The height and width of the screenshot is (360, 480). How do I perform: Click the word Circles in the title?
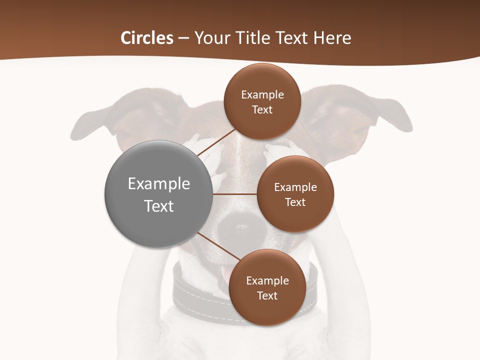point(146,38)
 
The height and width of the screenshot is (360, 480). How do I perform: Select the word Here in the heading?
point(332,38)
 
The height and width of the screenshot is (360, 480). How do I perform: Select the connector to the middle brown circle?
point(235,194)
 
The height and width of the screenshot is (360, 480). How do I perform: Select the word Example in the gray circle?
point(159,184)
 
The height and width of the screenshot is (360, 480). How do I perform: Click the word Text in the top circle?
point(262,110)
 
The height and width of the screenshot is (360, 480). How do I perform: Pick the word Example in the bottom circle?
point(267,281)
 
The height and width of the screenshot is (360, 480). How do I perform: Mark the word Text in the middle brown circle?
point(295,202)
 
